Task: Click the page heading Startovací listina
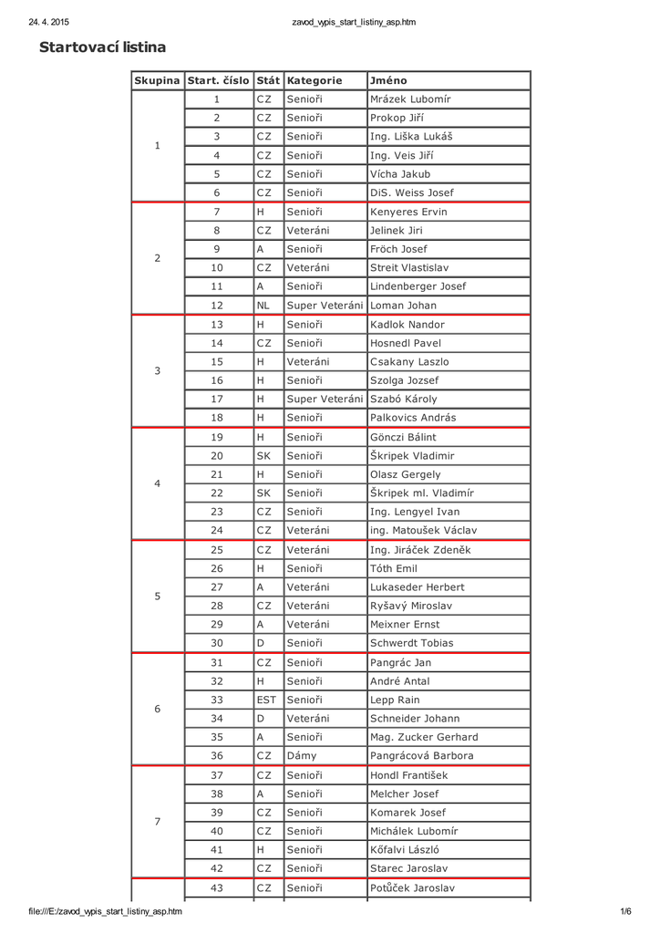pyautogui.click(x=102, y=47)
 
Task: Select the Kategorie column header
pyautogui.click(x=314, y=80)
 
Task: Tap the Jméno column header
pyautogui.click(x=388, y=80)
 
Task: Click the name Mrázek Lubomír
pyautogui.click(x=409, y=99)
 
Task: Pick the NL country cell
pyautogui.click(x=263, y=306)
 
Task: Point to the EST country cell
pyautogui.click(x=266, y=700)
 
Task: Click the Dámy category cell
pyautogui.click(x=302, y=755)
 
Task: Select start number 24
pyautogui.click(x=217, y=530)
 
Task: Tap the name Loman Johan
pyautogui.click(x=403, y=306)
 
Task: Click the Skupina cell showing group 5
pyautogui.click(x=158, y=597)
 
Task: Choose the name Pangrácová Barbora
pyautogui.click(x=421, y=755)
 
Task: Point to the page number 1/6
pyautogui.click(x=625, y=911)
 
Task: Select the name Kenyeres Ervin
pyautogui.click(x=408, y=212)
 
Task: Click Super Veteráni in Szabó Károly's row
pyautogui.click(x=325, y=399)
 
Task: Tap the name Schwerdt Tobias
pyautogui.click(x=411, y=643)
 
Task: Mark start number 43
pyautogui.click(x=217, y=887)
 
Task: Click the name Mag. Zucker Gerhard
pyautogui.click(x=423, y=737)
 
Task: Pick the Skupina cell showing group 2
pyautogui.click(x=158, y=258)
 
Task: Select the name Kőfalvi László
pyautogui.click(x=408, y=849)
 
